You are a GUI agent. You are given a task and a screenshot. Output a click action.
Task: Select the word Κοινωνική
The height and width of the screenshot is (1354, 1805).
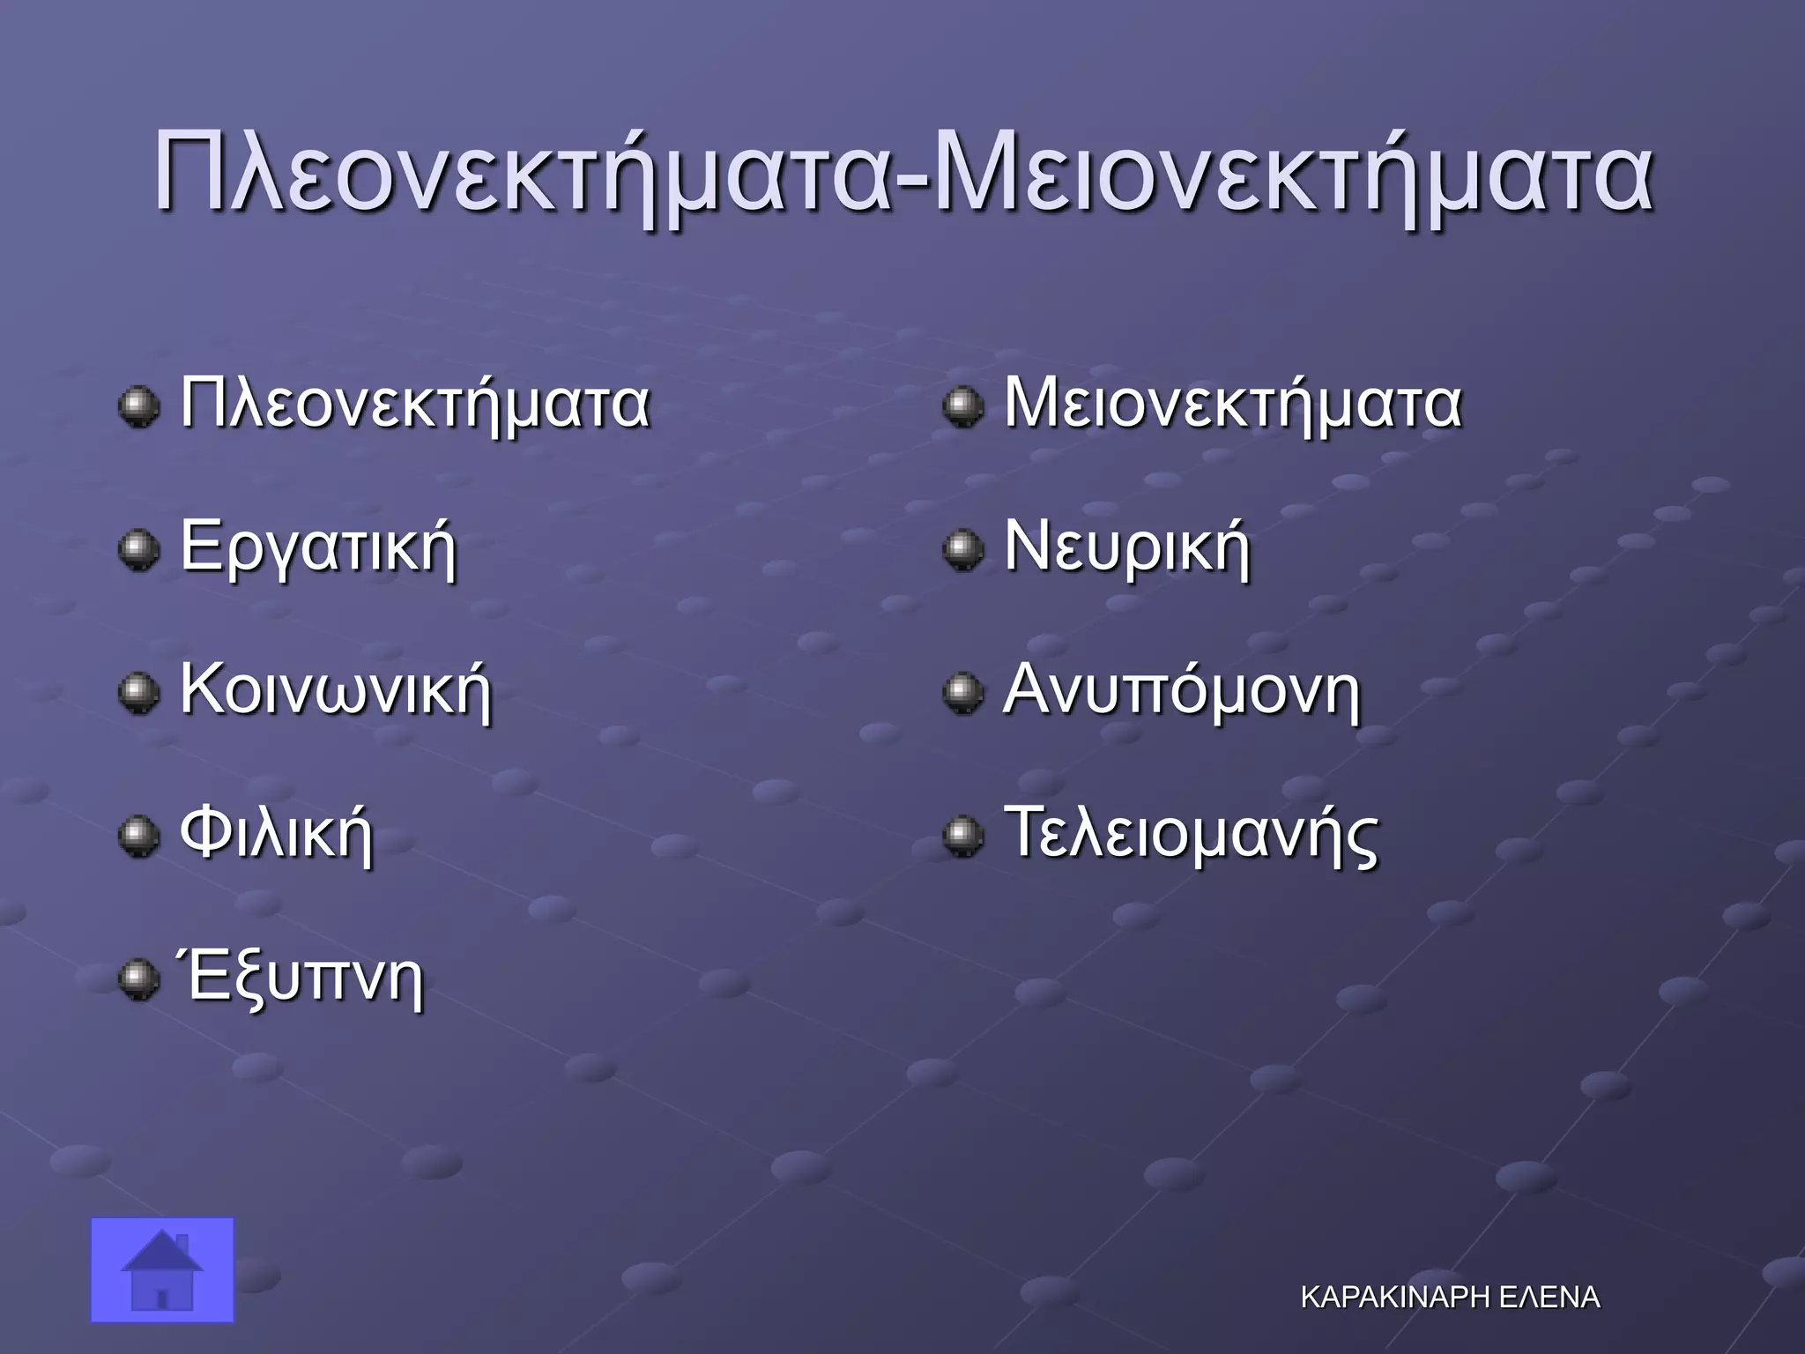click(336, 691)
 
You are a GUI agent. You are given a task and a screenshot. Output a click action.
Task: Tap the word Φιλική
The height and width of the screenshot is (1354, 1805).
click(277, 834)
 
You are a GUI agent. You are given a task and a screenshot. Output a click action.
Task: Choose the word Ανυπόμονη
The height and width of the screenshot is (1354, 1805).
click(1182, 691)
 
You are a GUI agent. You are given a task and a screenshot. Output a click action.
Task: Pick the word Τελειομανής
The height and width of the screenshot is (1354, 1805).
click(1191, 834)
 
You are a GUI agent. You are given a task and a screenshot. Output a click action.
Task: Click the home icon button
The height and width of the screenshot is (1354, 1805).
click(162, 1269)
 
